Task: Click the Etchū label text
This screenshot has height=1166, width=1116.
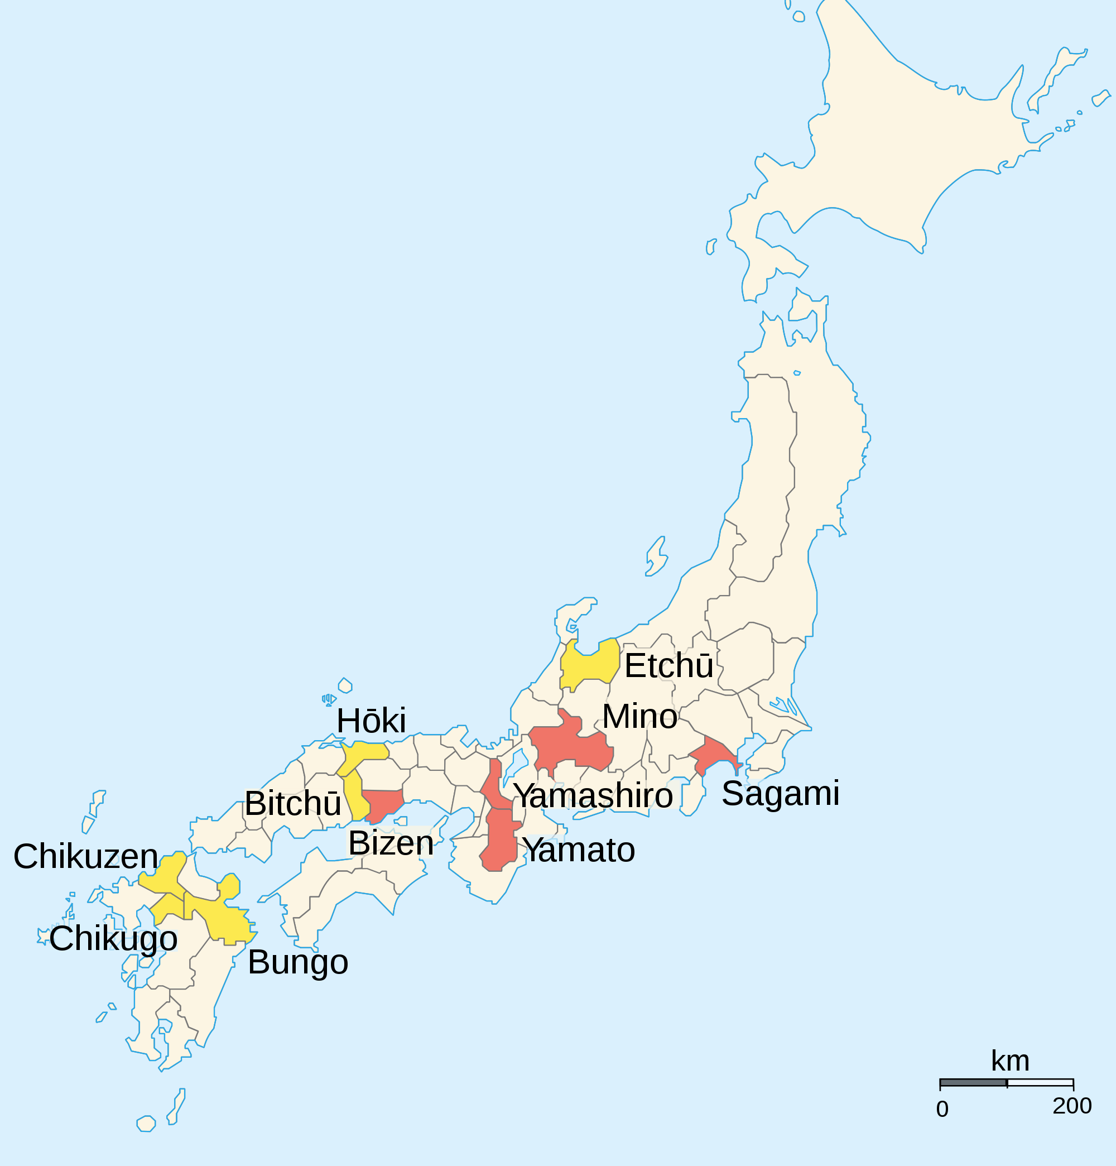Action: point(668,666)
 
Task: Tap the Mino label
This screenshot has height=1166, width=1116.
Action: point(639,716)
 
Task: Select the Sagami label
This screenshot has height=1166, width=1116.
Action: point(780,794)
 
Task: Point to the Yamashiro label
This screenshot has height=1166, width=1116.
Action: point(593,796)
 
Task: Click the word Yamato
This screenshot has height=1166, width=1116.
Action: point(578,850)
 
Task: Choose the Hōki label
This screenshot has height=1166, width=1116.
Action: point(371,721)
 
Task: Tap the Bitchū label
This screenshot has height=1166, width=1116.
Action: point(293,804)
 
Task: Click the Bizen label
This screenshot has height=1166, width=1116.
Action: point(391,843)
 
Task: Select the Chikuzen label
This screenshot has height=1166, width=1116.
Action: point(86,857)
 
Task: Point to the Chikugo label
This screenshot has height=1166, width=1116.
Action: point(113,939)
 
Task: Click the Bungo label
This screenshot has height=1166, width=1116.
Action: point(297,962)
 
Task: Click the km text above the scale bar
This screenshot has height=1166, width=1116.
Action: point(1009,1060)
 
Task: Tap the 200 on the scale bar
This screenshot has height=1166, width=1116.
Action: point(1071,1105)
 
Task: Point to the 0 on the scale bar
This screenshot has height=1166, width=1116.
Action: point(942,1109)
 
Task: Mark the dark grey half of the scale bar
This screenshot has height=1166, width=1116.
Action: point(973,1082)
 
